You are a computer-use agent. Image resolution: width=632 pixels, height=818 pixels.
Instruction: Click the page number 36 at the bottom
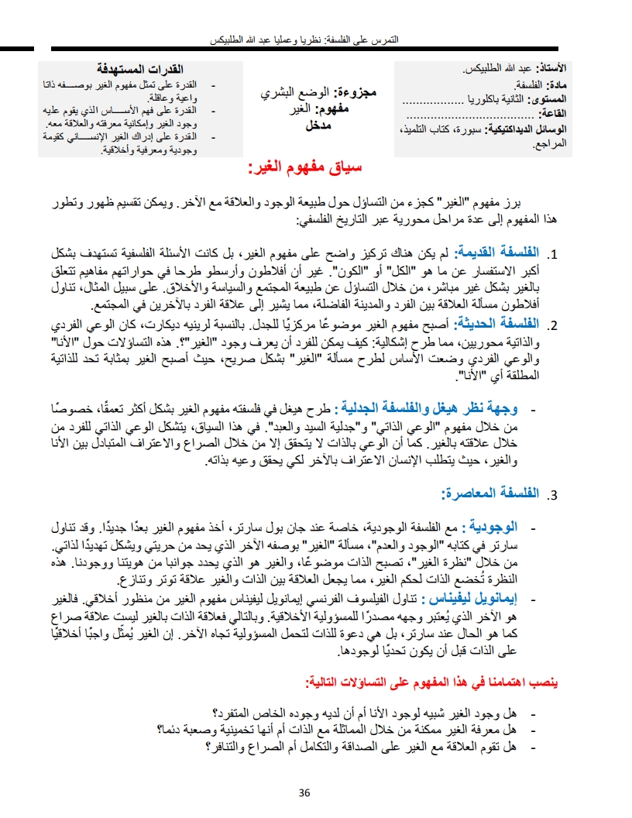pos(304,792)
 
